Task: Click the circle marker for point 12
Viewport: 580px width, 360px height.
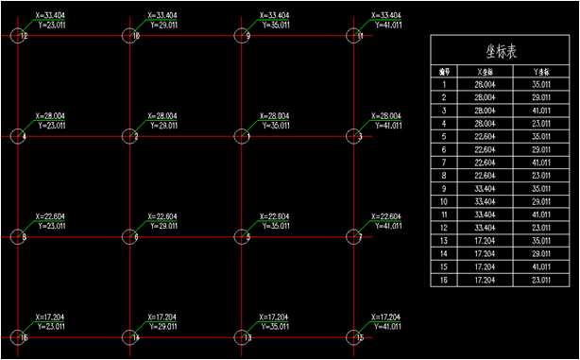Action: click(20, 37)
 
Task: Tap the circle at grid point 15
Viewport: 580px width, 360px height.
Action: click(354, 336)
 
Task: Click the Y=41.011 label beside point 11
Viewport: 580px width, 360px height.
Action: click(387, 25)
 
